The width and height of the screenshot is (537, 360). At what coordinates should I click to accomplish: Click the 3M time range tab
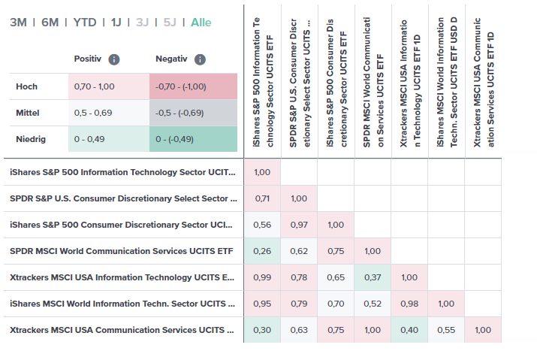[18, 23]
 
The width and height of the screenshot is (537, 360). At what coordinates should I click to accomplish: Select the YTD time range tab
[84, 23]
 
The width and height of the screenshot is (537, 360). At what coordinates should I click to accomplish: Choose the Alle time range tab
[201, 23]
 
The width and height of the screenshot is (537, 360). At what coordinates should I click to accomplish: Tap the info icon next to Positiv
[113, 59]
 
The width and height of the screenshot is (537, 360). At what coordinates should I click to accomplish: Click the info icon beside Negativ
[200, 59]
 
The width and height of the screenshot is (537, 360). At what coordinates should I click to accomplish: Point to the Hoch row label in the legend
[27, 86]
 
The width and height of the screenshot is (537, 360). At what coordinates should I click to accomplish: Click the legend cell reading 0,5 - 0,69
[108, 113]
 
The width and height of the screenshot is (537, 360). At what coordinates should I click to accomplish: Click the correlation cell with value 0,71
[262, 198]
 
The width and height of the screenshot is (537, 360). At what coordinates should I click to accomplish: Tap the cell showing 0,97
[299, 225]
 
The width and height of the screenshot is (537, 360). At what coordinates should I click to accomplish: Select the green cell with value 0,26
[262, 251]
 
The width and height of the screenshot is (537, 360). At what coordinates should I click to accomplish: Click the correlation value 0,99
[262, 277]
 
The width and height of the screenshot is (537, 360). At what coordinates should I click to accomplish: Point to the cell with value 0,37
[373, 277]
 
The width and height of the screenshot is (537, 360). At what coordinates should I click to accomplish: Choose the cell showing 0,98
[409, 304]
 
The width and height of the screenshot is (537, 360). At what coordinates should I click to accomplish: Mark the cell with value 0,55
[446, 330]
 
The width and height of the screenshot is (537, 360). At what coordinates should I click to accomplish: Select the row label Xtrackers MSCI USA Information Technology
[122, 277]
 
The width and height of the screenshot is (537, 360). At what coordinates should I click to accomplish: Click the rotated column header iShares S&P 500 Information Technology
[263, 75]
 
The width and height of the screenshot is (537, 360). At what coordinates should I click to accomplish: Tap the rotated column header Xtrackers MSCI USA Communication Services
[484, 75]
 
